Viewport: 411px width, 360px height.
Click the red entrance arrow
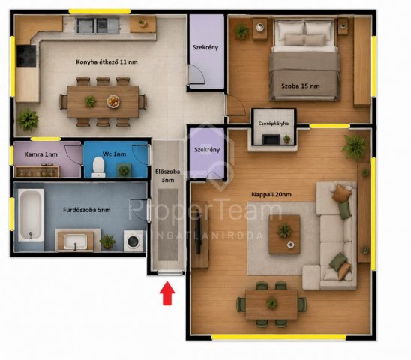[x=167, y=293]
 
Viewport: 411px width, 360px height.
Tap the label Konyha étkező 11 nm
[x=106, y=62]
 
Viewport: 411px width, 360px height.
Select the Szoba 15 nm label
[x=301, y=85]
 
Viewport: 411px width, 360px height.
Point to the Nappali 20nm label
[x=271, y=194]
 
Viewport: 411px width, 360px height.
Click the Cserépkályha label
[x=274, y=124]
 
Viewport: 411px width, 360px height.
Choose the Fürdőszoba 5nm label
[x=87, y=210]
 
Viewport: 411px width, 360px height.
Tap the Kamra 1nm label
[x=41, y=154]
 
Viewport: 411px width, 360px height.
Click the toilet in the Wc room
[x=98, y=167]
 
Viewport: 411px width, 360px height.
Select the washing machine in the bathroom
[x=133, y=241]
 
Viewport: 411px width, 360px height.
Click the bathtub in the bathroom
[x=31, y=215]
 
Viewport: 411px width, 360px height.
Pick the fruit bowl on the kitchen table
[x=113, y=101]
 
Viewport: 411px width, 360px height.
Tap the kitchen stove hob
[x=26, y=55]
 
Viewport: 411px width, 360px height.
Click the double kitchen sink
[x=97, y=25]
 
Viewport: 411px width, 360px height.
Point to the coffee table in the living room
[x=284, y=235]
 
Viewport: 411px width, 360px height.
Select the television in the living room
[x=199, y=235]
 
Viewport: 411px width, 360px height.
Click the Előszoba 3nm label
[x=168, y=176]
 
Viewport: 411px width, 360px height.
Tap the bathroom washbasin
[x=75, y=241]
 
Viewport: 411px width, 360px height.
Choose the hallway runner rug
[x=168, y=225]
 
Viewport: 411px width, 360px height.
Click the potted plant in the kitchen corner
[x=28, y=120]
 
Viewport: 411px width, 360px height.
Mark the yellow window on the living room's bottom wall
[x=279, y=337]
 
